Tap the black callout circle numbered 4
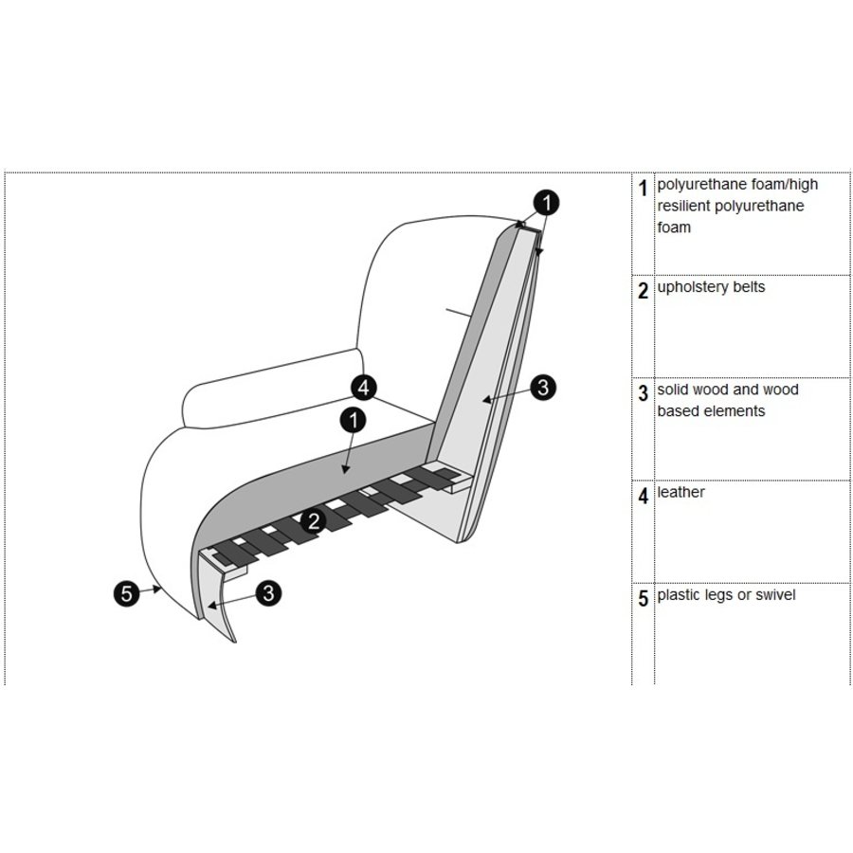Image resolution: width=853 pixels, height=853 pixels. [364, 387]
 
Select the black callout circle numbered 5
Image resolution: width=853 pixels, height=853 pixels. [125, 594]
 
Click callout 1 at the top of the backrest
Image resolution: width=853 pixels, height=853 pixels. [545, 202]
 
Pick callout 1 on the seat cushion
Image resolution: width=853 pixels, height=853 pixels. [353, 418]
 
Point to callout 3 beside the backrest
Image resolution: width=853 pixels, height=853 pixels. [542, 387]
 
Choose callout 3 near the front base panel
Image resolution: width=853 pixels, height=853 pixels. [269, 593]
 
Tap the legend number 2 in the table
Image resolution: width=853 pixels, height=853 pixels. [644, 291]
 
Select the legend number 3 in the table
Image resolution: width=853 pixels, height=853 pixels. [644, 394]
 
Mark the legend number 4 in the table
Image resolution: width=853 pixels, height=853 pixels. [644, 497]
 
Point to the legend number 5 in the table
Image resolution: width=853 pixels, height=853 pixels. [644, 599]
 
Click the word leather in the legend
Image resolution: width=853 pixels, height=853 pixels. [681, 493]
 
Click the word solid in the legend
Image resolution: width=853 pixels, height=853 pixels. [674, 390]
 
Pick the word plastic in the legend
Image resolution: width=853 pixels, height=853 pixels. [680, 595]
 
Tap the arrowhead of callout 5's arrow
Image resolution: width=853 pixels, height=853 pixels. [161, 590]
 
